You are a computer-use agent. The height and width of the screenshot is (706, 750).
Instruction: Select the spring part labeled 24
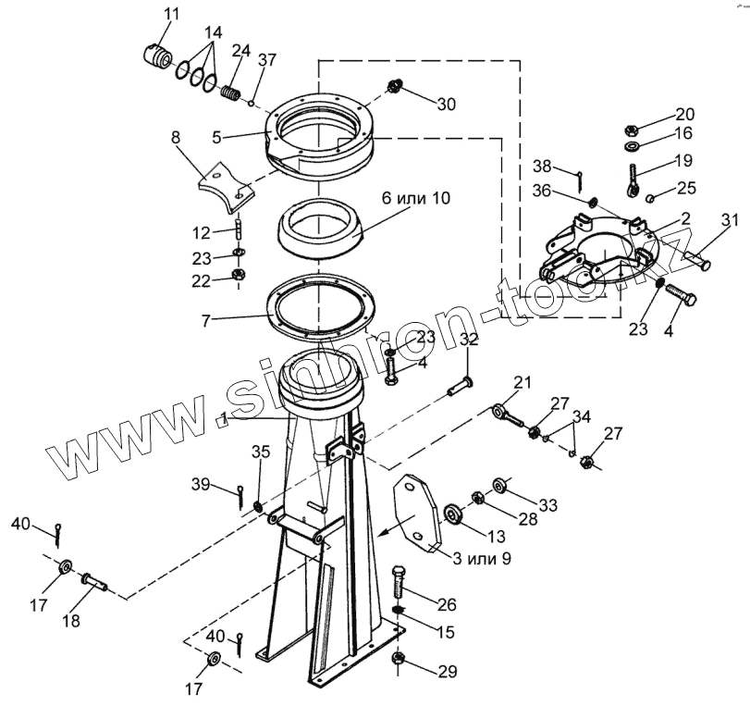231,93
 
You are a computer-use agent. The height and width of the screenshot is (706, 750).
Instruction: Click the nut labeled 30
392,88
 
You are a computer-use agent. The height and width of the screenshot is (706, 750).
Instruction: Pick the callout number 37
267,60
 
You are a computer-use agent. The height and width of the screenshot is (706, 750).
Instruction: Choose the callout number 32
469,340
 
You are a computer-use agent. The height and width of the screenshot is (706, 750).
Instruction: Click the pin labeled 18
94,581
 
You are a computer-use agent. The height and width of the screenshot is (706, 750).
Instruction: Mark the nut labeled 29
399,660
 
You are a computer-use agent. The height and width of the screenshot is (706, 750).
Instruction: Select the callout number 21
523,382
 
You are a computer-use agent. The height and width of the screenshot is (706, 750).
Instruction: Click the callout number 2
685,218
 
